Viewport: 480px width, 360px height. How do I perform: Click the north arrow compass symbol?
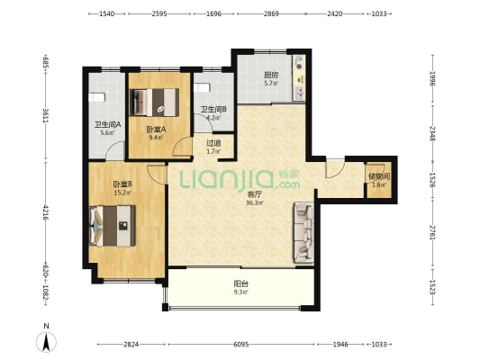pos(46,342)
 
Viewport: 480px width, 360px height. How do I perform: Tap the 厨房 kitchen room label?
pos(271,75)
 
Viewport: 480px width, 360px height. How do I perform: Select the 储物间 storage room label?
pos(379,176)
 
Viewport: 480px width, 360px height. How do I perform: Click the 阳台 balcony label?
pos(241,283)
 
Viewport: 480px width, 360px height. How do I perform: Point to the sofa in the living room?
pos(304,232)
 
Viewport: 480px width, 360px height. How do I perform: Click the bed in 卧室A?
pos(154,103)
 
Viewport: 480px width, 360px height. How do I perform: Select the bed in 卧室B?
pos(113,226)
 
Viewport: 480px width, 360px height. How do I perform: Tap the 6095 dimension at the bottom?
pos(241,345)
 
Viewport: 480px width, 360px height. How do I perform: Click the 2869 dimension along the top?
pos(271,13)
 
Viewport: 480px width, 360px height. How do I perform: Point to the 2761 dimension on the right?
pos(432,233)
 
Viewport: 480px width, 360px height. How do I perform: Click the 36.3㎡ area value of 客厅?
pos(255,202)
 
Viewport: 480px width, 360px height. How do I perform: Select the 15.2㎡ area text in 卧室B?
pos(122,193)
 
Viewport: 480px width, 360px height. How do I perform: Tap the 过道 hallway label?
pos(213,143)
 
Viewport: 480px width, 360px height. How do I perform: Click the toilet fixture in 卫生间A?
pos(96,97)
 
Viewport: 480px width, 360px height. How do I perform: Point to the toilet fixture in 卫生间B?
pos(202,87)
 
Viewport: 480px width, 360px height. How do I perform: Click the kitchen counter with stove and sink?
pos(299,77)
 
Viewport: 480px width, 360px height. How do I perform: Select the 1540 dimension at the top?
pos(107,13)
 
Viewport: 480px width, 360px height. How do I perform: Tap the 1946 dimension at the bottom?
pos(340,345)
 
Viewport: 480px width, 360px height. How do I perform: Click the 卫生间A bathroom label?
pos(107,125)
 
